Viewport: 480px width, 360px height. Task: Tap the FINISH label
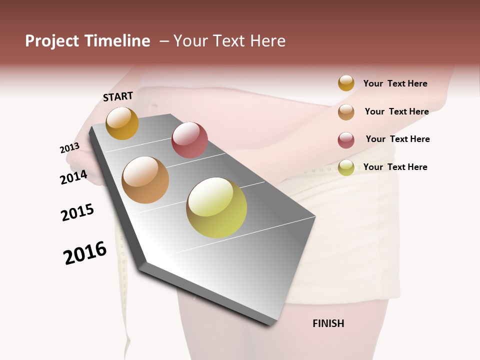coord(328,323)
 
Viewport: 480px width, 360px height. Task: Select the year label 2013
coord(69,148)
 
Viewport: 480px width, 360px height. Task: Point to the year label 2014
coord(73,177)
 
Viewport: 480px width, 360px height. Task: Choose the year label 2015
coord(77,212)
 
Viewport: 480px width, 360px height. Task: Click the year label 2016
coord(85,252)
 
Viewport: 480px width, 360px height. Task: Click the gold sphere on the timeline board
coord(122,123)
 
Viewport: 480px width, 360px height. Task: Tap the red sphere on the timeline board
coord(189,139)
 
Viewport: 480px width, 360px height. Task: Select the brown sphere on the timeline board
coord(145,180)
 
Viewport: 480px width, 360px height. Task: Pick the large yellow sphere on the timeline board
coord(216,207)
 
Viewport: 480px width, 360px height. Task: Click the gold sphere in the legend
coord(346,83)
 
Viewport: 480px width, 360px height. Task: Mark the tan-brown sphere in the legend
coord(346,112)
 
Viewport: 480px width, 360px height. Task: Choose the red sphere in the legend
coord(346,140)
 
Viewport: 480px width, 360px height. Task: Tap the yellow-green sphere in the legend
coord(346,167)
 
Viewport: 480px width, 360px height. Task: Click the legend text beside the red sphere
coord(397,139)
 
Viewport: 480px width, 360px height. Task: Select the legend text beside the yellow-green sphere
coord(395,167)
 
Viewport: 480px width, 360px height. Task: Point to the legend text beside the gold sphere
coord(395,83)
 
